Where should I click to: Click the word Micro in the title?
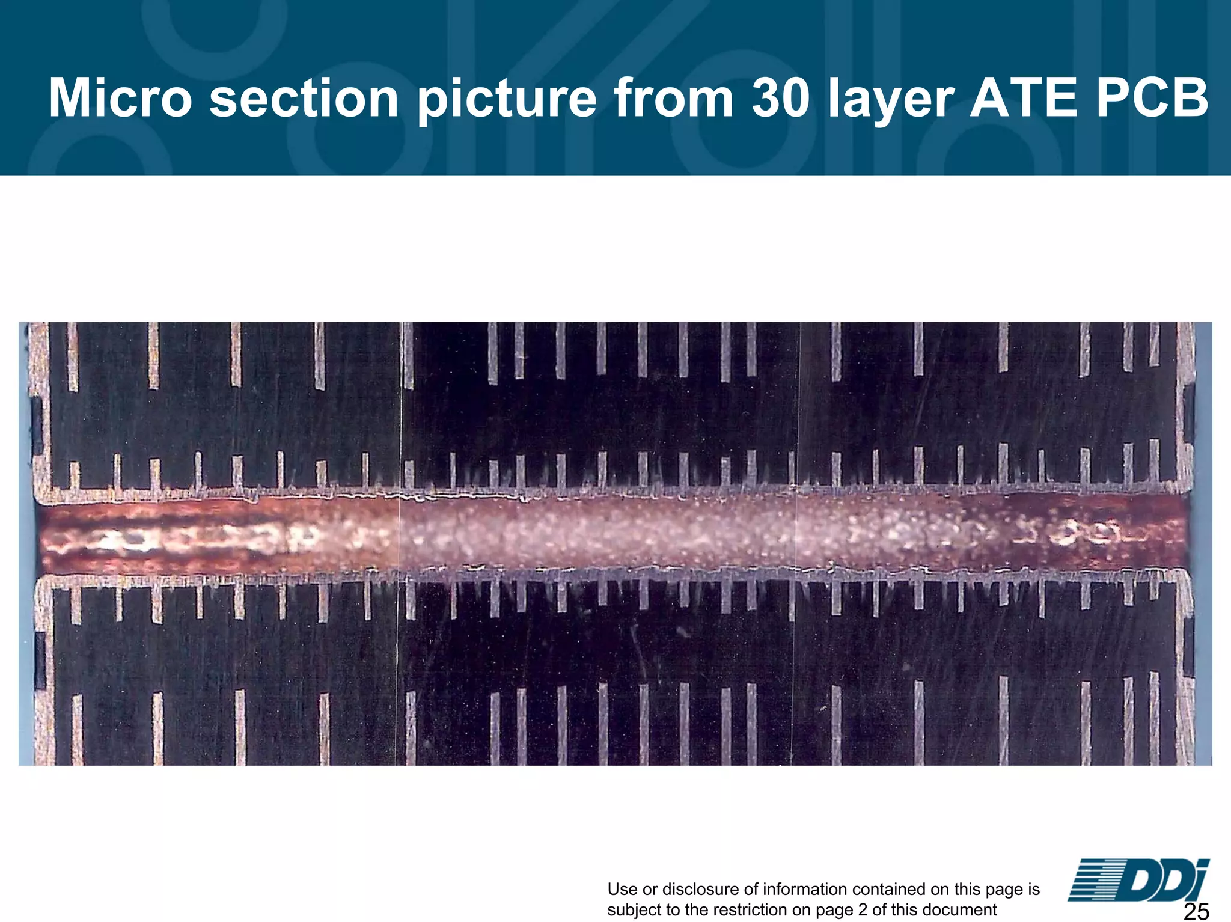pos(120,98)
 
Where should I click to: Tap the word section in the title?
pos(304,98)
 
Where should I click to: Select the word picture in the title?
pos(507,98)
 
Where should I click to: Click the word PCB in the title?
pos(1152,98)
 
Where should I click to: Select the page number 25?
pos(1196,911)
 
